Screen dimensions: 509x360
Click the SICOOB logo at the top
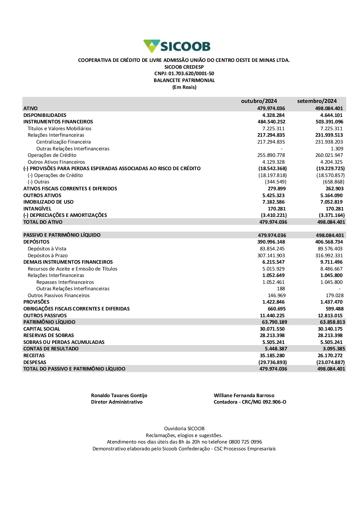click(177, 46)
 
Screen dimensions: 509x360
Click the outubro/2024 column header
click(259, 101)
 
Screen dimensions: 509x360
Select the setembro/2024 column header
click(317, 101)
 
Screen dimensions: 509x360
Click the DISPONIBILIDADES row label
click(45, 115)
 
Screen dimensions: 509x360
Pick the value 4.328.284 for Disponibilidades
click(273, 115)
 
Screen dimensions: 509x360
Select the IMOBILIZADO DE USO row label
click(48, 202)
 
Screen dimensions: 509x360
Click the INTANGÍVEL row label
click(37, 209)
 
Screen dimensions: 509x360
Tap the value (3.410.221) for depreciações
click(274, 215)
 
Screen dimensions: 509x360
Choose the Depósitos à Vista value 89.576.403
click(330, 249)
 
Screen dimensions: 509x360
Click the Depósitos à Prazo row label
click(48, 255)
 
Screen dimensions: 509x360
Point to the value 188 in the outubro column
click(281, 289)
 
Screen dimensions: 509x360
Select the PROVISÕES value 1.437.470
click(331, 302)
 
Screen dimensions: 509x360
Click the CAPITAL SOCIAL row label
click(41, 329)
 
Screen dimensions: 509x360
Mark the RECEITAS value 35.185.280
click(272, 356)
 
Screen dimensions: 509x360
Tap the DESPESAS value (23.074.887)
click(330, 363)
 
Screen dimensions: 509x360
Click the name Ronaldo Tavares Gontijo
click(119, 396)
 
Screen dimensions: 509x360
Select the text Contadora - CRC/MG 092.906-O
click(250, 402)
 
